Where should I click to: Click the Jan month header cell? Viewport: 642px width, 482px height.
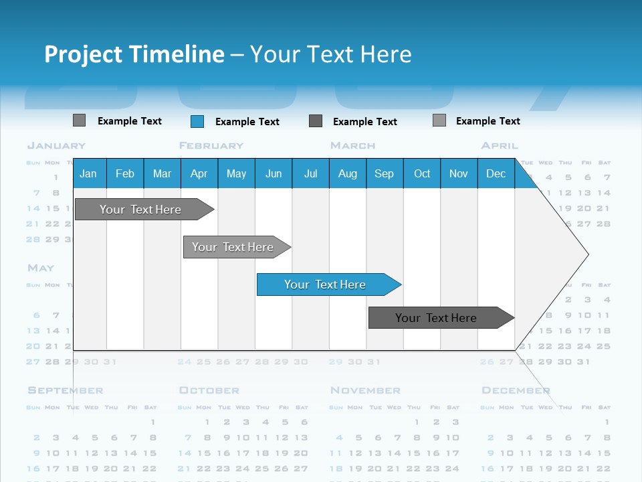pyautogui.click(x=89, y=173)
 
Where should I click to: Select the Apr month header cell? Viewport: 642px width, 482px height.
pyautogui.click(x=199, y=173)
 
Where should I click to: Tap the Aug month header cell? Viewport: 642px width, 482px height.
pyautogui.click(x=347, y=173)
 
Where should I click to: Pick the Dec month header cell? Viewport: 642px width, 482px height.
pyautogui.click(x=496, y=173)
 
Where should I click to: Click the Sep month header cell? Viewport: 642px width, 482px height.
pyautogui.click(x=384, y=173)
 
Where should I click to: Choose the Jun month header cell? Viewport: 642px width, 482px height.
pyautogui.click(x=274, y=173)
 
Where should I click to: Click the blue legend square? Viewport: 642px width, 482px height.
pyautogui.click(x=197, y=121)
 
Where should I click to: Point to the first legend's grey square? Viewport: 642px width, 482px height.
pyautogui.click(x=79, y=120)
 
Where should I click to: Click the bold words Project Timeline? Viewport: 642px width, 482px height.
pyautogui.click(x=134, y=54)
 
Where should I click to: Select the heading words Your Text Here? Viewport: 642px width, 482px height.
pyautogui.click(x=331, y=54)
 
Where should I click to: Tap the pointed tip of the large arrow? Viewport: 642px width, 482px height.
pyautogui.click(x=586, y=254)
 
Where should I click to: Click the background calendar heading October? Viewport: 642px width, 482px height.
pyautogui.click(x=209, y=390)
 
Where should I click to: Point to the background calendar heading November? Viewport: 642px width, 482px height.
pyautogui.click(x=365, y=390)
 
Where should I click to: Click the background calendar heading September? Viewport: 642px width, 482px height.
pyautogui.click(x=66, y=390)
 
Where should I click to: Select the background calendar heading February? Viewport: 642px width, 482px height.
pyautogui.click(x=211, y=145)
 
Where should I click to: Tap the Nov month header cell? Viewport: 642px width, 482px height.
pyautogui.click(x=458, y=173)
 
